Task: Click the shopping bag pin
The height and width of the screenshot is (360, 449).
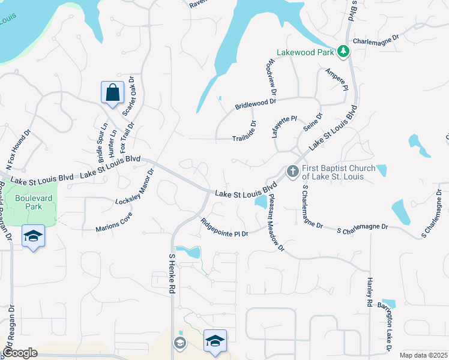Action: point(112,93)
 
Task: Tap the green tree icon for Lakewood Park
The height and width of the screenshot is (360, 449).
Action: point(343,52)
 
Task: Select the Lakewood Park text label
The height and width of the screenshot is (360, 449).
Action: point(304,53)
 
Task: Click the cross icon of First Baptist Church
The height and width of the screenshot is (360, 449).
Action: point(292,172)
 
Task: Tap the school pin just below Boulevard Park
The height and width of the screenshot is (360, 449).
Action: point(34,235)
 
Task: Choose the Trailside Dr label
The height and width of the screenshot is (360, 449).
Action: point(244,139)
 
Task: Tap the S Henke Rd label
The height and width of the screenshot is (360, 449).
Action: point(172,274)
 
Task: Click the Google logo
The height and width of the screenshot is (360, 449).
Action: point(20,353)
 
